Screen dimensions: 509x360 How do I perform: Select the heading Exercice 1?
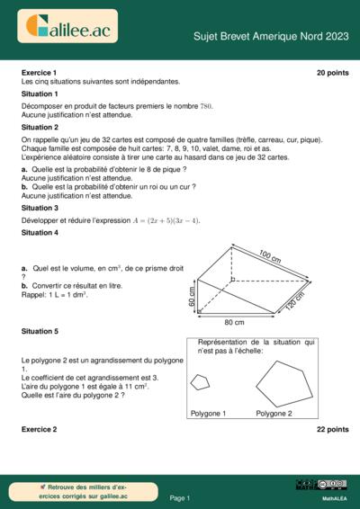click(x=39, y=72)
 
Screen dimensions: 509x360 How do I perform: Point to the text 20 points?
click(x=332, y=72)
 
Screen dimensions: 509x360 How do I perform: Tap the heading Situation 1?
click(x=40, y=94)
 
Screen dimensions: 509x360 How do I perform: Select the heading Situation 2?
click(x=40, y=128)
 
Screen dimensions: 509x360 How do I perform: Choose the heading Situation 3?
click(x=40, y=207)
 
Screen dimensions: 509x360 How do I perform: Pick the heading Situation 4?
click(x=40, y=233)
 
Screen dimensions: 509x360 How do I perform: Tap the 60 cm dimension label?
click(x=192, y=296)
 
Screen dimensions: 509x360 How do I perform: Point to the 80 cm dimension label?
click(x=234, y=321)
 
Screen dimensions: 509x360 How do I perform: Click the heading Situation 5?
click(x=40, y=331)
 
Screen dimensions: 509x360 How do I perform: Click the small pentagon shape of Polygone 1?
click(x=201, y=381)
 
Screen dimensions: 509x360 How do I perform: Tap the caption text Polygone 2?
click(x=274, y=414)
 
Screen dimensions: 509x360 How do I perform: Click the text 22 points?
click(x=332, y=430)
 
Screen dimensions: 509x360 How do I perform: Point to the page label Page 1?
click(x=180, y=497)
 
